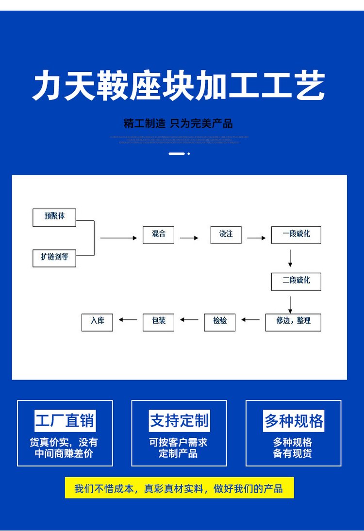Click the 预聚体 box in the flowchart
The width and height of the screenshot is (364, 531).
tap(54, 217)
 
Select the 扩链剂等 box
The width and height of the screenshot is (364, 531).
tap(54, 257)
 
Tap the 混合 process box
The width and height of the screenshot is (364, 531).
tap(158, 234)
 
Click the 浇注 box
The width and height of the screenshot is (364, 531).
tap(226, 234)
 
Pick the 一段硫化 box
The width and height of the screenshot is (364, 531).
tap(296, 234)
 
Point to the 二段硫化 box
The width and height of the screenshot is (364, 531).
tap(296, 281)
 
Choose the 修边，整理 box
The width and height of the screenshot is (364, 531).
tap(293, 322)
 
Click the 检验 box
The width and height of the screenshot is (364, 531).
tap(220, 322)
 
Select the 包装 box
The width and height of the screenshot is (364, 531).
tap(158, 322)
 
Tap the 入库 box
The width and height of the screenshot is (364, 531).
tap(97, 322)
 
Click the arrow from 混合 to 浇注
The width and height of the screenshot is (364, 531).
tap(189, 238)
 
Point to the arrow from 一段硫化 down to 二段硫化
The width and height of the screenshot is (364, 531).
tap(290, 258)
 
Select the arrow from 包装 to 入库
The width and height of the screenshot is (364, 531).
tap(128, 319)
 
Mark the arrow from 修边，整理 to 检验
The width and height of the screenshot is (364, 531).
tap(250, 319)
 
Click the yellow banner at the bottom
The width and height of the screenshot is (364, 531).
tap(179, 488)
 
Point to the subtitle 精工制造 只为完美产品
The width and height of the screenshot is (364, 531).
tap(178, 123)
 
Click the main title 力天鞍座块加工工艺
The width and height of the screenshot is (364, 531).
tap(179, 86)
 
